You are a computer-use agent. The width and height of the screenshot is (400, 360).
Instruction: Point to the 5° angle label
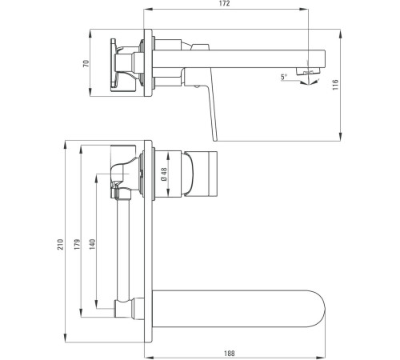(x=285, y=77)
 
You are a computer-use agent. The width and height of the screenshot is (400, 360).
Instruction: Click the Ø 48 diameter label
(x=164, y=174)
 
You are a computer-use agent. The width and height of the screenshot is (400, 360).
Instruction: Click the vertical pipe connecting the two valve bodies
(x=124, y=248)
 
